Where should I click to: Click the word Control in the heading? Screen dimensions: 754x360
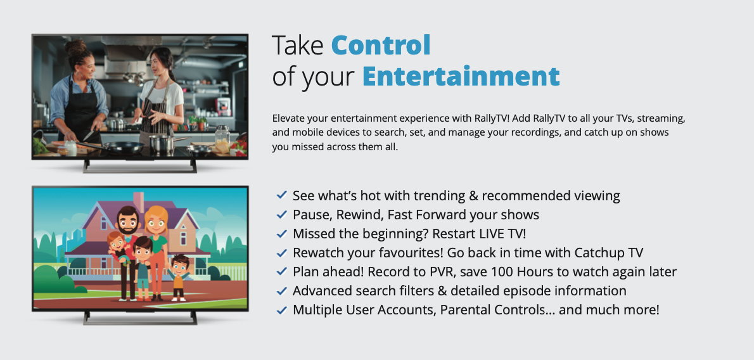[x=380, y=45]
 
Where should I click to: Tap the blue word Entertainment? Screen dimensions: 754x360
[x=461, y=76]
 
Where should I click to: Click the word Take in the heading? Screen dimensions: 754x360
[x=298, y=45]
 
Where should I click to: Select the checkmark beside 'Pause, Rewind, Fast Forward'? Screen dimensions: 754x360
[x=282, y=214]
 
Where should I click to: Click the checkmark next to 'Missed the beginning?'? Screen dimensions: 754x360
[x=282, y=233]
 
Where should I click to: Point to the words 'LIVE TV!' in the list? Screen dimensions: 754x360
[x=502, y=233]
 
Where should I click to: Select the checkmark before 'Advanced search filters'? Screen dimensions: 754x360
[x=282, y=291]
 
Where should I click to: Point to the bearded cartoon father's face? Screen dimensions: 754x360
[x=129, y=222]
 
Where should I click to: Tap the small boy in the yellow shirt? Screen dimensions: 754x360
[x=179, y=278]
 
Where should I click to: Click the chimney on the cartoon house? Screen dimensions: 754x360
[x=139, y=201]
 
